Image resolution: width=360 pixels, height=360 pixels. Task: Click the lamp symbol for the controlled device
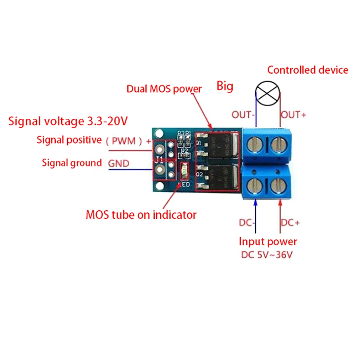pos(269,91)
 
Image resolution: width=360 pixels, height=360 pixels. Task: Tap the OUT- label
pos(243,114)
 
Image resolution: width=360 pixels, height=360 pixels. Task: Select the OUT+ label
pos(293,114)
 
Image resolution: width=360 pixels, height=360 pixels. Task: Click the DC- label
pos(248,222)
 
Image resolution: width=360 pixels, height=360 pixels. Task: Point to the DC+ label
pos(290,222)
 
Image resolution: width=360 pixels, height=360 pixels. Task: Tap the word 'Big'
pos(225,85)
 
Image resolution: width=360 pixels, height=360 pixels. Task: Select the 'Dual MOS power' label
pos(164,89)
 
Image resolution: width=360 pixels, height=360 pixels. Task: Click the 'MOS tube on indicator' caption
pos(141,215)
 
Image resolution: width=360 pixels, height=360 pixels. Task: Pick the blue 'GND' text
pos(118,163)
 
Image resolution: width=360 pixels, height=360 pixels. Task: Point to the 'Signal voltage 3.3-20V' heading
pos(68,121)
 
